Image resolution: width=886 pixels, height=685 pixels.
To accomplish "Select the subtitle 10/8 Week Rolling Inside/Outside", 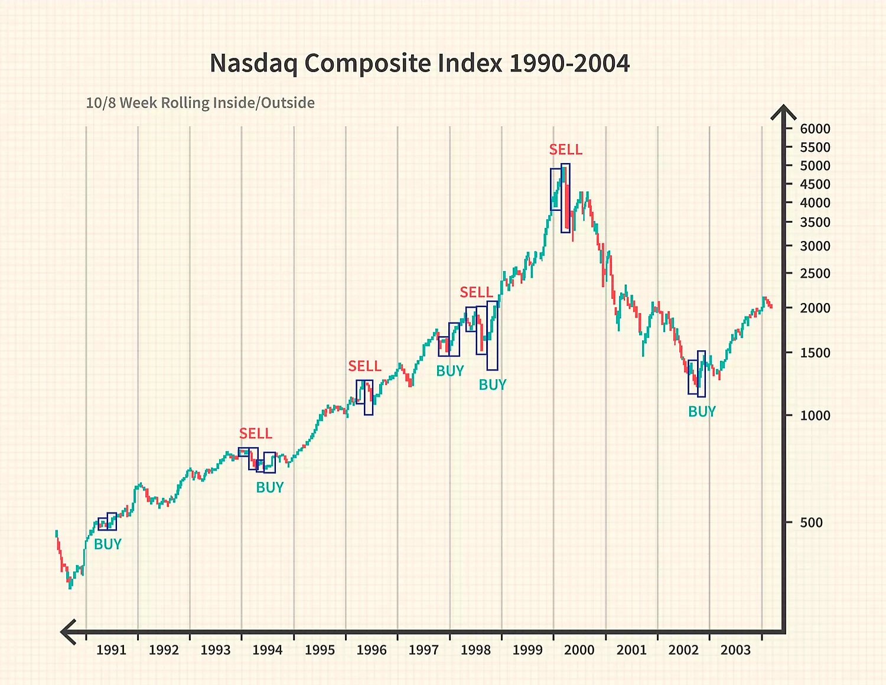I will click(x=200, y=103).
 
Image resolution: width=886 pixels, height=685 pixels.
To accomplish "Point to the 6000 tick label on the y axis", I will click(x=815, y=129).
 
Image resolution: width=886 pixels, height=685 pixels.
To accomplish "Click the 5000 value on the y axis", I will click(x=815, y=166).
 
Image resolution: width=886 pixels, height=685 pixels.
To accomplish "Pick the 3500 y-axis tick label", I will click(x=815, y=223).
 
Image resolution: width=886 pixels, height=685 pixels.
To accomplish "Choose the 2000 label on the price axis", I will click(x=815, y=308).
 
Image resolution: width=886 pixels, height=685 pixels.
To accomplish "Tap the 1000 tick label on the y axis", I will click(x=815, y=416).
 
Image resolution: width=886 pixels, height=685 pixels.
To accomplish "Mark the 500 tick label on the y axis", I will click(x=811, y=523).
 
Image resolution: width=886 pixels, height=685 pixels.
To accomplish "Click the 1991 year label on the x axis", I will click(x=111, y=650).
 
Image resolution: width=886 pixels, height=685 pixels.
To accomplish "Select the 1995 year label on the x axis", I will click(x=320, y=650).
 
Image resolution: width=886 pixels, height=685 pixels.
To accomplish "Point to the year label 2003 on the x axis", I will click(x=735, y=650).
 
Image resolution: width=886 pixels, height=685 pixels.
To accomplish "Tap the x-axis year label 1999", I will click(x=527, y=650).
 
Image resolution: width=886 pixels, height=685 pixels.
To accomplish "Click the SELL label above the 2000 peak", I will click(x=565, y=150).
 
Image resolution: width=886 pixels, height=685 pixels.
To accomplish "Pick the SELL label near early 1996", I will click(x=364, y=367).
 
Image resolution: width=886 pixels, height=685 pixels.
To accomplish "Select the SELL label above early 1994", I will click(x=255, y=434).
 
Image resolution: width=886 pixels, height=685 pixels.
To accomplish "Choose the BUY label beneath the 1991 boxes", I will click(x=108, y=544).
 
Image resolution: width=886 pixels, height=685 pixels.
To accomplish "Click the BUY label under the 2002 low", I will click(x=702, y=412).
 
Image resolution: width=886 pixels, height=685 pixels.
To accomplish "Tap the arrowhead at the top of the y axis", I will click(x=784, y=112).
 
